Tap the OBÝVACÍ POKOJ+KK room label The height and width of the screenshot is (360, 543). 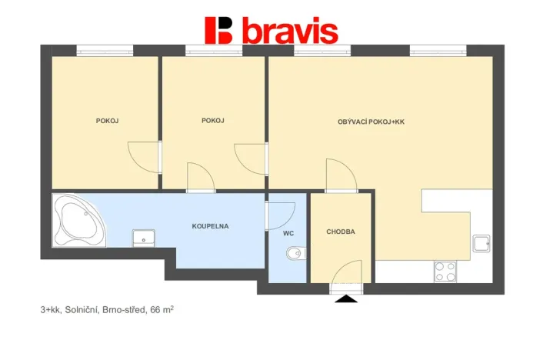click(371, 122)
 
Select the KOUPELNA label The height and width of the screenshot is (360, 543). click(210, 226)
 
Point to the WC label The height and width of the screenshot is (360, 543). click(288, 232)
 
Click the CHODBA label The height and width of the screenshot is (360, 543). click(341, 232)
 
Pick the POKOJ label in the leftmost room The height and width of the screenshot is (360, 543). click(107, 120)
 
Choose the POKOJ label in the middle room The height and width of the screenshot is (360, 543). click(212, 120)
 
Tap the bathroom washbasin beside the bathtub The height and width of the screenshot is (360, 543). click(143, 237)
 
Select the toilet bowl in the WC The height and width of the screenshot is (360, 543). click(294, 253)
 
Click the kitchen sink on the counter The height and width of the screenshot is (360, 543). click(482, 244)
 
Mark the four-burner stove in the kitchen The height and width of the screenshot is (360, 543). click(445, 271)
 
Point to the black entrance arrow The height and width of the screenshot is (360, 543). click(346, 298)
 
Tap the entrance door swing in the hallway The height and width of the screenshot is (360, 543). click(348, 274)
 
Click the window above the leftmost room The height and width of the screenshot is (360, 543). click(105, 51)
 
